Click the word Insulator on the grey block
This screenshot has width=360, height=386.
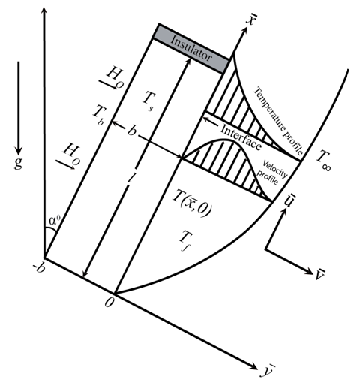coord(191,48)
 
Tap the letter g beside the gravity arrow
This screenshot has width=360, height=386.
coord(18,163)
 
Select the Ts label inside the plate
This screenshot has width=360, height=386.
coord(148,101)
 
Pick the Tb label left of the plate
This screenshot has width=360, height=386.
coord(100,115)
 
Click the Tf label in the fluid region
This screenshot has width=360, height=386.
coord(185,240)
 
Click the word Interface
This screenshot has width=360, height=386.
coord(241,137)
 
